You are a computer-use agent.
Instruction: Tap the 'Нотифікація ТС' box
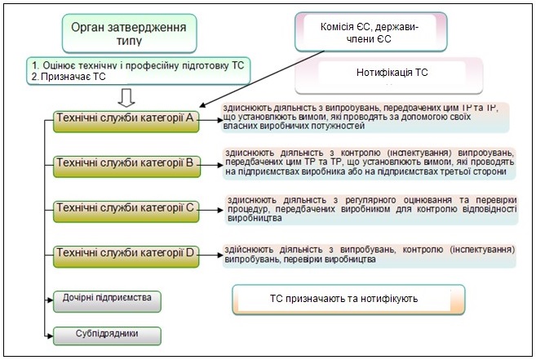392,73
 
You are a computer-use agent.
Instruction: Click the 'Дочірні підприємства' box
108,299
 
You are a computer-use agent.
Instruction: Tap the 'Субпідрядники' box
108,334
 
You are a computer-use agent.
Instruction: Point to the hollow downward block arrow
126,98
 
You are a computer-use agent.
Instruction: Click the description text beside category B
369,162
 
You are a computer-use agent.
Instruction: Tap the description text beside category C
371,208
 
